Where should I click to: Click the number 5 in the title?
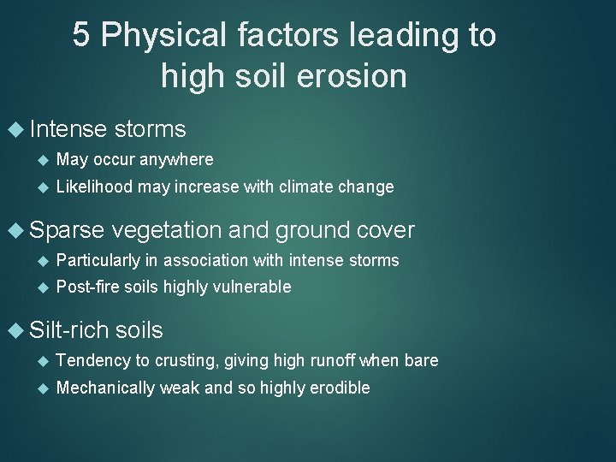click(x=81, y=36)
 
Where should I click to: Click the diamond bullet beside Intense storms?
click(x=16, y=129)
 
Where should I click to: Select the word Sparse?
click(x=66, y=230)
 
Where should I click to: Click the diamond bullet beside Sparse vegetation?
click(x=16, y=230)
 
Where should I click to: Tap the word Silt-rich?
click(x=68, y=330)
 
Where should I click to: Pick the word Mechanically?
click(x=104, y=388)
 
